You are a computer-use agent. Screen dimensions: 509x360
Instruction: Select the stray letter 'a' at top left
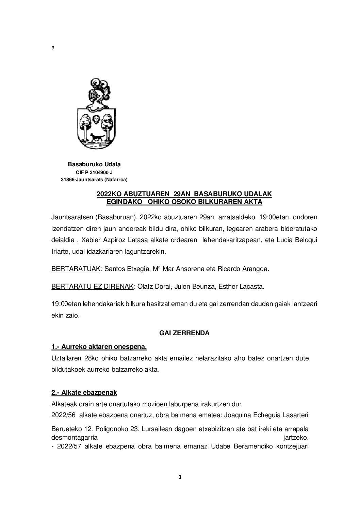(53, 48)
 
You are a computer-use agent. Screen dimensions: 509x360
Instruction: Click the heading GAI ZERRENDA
(184, 333)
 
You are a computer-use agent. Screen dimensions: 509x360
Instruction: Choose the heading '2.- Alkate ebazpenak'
(84, 393)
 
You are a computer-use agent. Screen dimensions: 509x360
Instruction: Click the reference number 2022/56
(63, 415)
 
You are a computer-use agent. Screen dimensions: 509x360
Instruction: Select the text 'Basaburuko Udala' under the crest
(94, 165)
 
